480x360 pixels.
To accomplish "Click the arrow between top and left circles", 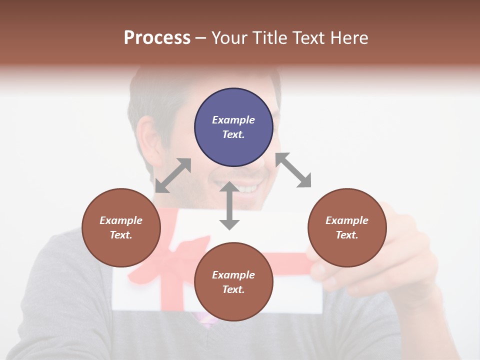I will pyautogui.click(x=173, y=175).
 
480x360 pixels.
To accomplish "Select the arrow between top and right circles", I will pyautogui.click(x=293, y=170).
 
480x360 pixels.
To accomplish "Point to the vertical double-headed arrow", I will pyautogui.click(x=229, y=205).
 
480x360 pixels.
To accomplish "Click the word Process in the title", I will pyautogui.click(x=157, y=38).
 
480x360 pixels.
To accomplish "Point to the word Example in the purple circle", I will pyautogui.click(x=233, y=120).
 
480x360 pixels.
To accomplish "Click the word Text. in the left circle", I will pyautogui.click(x=121, y=235).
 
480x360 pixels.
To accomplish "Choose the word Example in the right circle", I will pyautogui.click(x=347, y=220).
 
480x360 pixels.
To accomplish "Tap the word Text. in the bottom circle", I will pyautogui.click(x=233, y=289).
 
